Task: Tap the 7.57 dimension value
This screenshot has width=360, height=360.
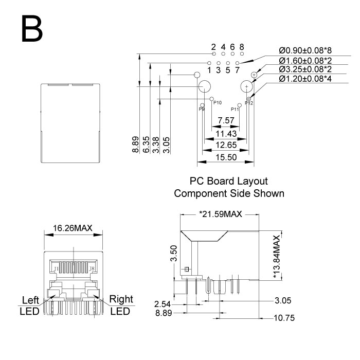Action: (226, 121)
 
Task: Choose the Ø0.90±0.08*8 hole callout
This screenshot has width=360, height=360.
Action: (305, 51)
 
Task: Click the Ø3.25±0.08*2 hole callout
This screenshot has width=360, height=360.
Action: (305, 69)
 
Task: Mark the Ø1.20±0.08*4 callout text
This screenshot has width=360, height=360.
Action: (305, 79)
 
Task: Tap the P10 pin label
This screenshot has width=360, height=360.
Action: (217, 103)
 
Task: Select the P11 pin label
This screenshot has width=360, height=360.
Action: (235, 109)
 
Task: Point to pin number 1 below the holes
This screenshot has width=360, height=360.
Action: (209, 70)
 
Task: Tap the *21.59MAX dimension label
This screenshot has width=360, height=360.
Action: (220, 213)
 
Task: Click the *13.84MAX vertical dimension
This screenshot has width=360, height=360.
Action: (277, 257)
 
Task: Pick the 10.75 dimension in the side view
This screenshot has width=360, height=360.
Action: (284, 318)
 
